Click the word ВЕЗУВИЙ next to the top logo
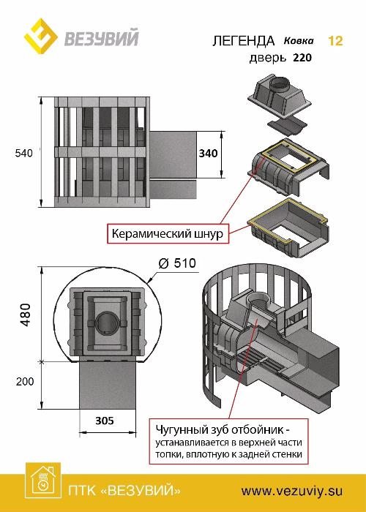coord(102,37)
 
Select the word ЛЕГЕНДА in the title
coord(244,41)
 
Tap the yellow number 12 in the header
coord(335,41)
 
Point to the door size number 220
coord(302,58)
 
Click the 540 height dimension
coord(24,153)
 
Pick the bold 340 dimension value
coord(208,153)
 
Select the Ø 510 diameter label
coord(177,263)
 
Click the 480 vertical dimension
coord(26,315)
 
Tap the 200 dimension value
coord(25,381)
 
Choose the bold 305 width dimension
coord(105,421)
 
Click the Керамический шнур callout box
coord(168,233)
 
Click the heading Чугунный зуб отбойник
coord(223,429)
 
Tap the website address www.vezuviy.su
coord(292,491)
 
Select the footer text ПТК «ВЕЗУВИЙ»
coord(124,491)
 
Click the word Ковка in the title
coord(299,41)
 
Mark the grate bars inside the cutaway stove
coord(258,364)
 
